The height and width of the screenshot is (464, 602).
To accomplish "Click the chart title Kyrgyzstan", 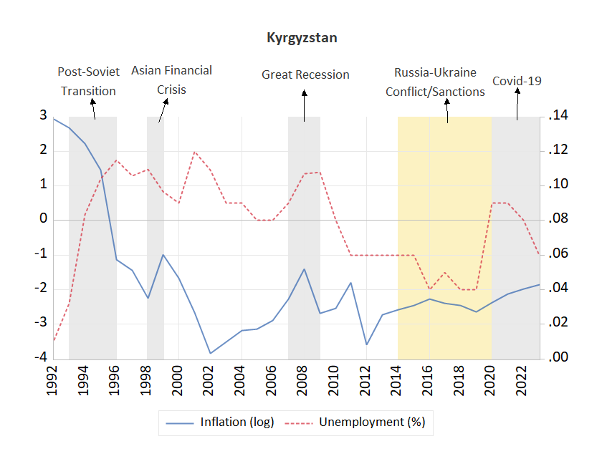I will (301, 38).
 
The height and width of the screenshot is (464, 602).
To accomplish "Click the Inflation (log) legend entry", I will (219, 422).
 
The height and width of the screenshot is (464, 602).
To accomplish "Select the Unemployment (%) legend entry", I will (361, 422).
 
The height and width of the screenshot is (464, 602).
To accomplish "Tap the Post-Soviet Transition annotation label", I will (88, 81).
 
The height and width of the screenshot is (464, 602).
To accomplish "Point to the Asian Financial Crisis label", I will (171, 79).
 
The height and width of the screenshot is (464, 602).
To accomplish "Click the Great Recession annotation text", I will (305, 74).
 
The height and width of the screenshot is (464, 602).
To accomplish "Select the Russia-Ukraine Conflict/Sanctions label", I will (435, 82).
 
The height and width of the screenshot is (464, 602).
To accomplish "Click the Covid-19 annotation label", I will (516, 81).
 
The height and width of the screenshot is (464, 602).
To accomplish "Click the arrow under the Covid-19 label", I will (516, 105).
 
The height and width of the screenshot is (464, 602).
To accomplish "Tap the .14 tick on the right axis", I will (558, 116).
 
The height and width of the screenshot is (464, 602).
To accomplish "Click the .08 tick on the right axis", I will (558, 219).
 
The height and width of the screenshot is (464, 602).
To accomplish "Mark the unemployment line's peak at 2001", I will (194, 152).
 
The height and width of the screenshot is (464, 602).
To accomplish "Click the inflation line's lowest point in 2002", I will (210, 353).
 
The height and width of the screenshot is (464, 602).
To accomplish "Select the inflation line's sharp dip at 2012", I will (366, 344).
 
